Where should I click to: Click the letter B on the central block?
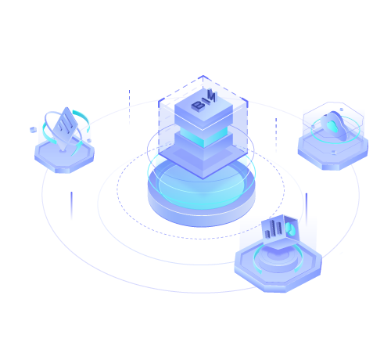tap(199, 105)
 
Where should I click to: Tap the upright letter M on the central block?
tap(212, 95)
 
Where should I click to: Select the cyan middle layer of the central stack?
tap(203, 136)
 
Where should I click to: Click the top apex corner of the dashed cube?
tap(203, 76)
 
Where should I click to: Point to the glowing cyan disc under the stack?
tap(202, 186)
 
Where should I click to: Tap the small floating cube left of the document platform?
tap(33, 130)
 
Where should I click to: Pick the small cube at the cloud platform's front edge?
tap(334, 152)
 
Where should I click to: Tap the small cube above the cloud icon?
tap(342, 110)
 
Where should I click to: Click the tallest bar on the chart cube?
tap(273, 229)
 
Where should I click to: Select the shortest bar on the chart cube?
tap(267, 234)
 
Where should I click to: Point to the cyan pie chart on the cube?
tap(290, 229)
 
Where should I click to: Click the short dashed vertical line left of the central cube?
tap(129, 107)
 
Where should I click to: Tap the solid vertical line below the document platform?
tap(71, 206)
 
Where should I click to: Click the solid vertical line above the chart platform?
tap(307, 210)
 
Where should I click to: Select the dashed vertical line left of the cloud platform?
tap(276, 135)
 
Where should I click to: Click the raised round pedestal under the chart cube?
tap(278, 259)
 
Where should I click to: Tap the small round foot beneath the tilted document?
tap(63, 150)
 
